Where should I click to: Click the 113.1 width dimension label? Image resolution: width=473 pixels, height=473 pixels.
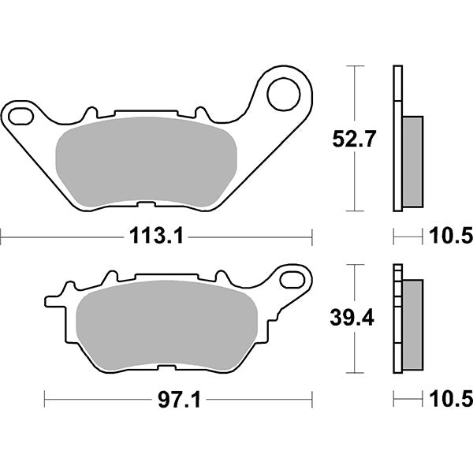155,234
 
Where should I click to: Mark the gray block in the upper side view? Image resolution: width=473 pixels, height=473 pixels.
412,162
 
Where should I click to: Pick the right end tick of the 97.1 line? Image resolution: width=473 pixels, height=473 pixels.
312,401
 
